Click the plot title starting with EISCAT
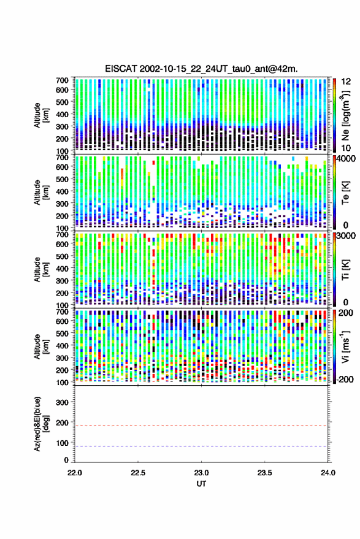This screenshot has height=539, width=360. coord(201,69)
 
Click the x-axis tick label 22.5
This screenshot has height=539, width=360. coord(138,473)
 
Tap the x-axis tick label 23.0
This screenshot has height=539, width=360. coord(201,473)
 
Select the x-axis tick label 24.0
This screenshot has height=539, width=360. coord(327,473)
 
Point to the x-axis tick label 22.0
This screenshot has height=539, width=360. coord(75,473)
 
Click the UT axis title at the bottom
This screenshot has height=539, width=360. coord(201,484)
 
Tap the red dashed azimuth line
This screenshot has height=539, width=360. coord(201,426)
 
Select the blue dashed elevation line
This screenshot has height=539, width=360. coord(201,446)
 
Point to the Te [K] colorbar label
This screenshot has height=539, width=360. coord(345,192)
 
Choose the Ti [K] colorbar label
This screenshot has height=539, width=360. coord(345,270)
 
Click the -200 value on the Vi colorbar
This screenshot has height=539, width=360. coord(345,379)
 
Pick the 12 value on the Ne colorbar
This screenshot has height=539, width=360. coord(346,82)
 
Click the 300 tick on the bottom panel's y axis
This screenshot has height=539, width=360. coord(63,402)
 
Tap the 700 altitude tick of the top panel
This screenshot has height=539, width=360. coord(62,80)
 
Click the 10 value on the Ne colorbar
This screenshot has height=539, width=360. coord(346,148)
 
